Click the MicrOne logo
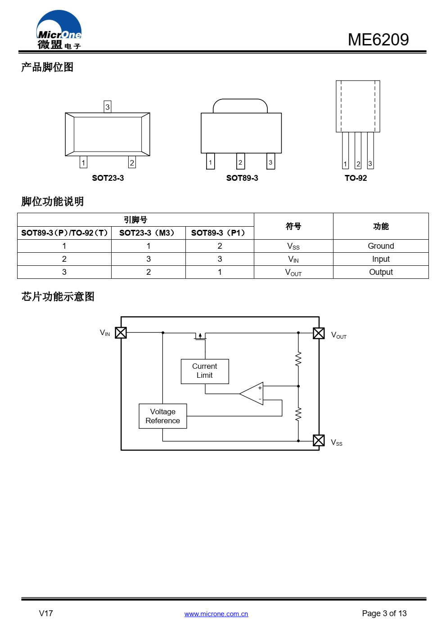(59, 30)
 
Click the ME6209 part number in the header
(378, 40)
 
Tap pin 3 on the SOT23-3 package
(108, 107)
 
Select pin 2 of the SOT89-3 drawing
(240, 161)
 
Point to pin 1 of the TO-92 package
(345, 151)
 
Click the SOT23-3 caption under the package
(108, 178)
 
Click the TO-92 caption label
(356, 178)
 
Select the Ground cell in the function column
(381, 246)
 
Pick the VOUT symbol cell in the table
(293, 272)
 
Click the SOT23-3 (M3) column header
(148, 233)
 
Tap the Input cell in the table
(381, 259)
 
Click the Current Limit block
(205, 371)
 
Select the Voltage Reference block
(162, 416)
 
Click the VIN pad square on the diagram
(121, 333)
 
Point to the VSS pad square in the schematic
(319, 441)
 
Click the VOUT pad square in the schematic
(319, 333)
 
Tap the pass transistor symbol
(200, 336)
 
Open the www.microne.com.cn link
(216, 614)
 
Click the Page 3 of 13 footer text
(384, 613)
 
